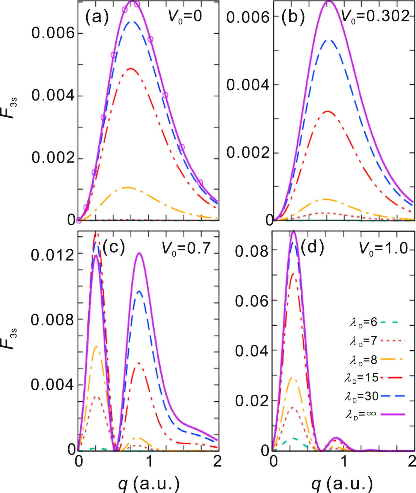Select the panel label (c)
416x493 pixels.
click(114, 247)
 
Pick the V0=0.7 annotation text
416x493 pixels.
click(186, 248)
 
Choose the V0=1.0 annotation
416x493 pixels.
click(384, 248)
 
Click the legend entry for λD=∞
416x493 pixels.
click(374, 414)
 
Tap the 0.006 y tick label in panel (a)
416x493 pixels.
click(53, 33)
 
